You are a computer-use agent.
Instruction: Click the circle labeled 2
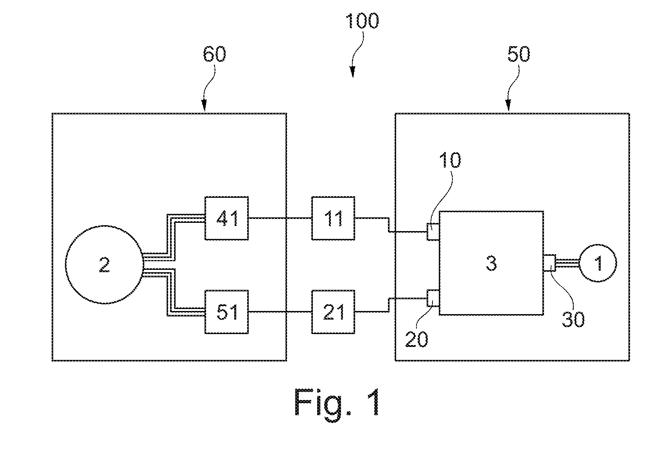[x=104, y=264]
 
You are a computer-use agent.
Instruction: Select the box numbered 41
[x=226, y=218]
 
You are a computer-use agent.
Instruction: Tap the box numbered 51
[x=226, y=312]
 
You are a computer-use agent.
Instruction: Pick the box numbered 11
[x=333, y=218]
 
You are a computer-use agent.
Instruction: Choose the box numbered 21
[x=333, y=312]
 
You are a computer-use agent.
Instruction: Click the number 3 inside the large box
[x=491, y=263]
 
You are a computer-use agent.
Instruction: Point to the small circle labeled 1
[x=598, y=263]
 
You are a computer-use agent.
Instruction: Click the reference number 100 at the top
[x=362, y=21]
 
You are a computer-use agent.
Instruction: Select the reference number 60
[x=214, y=54]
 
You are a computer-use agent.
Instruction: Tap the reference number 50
[x=519, y=54]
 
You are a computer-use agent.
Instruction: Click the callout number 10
[x=450, y=160]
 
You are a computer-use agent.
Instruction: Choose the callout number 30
[x=573, y=320]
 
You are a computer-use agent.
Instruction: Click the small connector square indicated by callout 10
[x=433, y=232]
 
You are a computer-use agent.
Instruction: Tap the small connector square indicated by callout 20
[x=433, y=298]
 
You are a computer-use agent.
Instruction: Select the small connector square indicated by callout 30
[x=550, y=263]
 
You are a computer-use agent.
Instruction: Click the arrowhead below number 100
[x=353, y=72]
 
